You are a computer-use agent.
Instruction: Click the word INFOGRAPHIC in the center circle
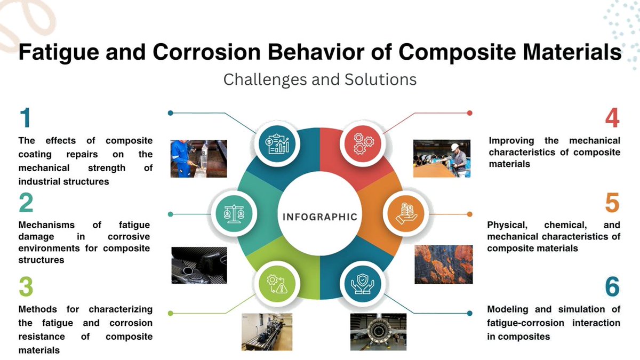tap(319, 217)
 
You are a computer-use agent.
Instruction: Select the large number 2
tap(26, 203)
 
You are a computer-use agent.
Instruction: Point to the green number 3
tap(26, 287)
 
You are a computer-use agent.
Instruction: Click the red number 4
tap(612, 118)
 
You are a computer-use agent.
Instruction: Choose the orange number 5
tap(612, 203)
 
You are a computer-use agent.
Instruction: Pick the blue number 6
tap(612, 287)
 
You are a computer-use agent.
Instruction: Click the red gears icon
tap(363, 142)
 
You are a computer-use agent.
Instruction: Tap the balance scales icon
tap(234, 214)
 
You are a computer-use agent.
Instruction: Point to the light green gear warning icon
tap(276, 285)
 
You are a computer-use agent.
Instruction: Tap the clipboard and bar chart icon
tap(276, 142)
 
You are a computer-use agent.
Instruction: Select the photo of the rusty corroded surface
tap(443, 264)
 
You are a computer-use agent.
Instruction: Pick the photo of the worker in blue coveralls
tap(198, 158)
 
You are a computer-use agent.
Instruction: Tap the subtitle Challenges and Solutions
tap(319, 79)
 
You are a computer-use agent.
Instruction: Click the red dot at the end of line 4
tap(470, 113)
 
